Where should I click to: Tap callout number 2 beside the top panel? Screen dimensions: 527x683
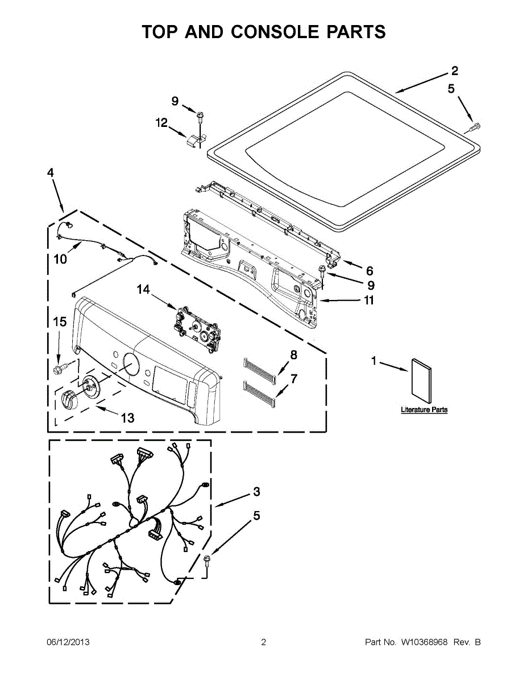click(x=454, y=71)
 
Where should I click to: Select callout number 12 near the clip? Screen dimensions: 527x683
click(x=161, y=122)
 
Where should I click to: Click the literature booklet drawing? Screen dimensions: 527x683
click(x=421, y=381)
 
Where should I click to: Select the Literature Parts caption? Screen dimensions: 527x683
click(x=424, y=410)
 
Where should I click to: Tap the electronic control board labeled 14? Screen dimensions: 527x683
click(x=197, y=329)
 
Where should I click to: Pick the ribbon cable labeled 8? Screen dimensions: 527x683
click(x=259, y=370)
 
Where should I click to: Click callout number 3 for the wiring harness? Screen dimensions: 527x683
click(x=256, y=491)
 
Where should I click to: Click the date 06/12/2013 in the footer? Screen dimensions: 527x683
click(x=68, y=642)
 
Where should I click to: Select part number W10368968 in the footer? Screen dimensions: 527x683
click(x=424, y=642)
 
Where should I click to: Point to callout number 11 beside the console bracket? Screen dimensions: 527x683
click(x=369, y=300)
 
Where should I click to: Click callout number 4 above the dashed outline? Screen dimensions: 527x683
click(x=50, y=172)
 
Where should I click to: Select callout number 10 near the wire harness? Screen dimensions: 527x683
click(x=60, y=260)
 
